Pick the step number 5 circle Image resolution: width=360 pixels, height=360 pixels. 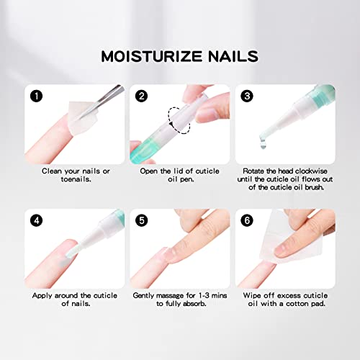[141, 220]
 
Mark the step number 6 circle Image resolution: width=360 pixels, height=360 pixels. [247, 220]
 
